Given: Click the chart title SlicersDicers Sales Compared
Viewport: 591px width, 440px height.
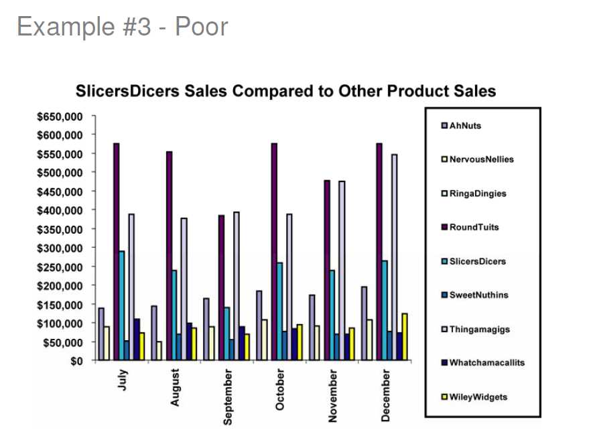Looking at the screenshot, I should click(x=285, y=91).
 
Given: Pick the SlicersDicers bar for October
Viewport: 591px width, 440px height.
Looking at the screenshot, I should click(x=279, y=311).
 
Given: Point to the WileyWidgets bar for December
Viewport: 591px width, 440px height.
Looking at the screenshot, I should click(x=405, y=337).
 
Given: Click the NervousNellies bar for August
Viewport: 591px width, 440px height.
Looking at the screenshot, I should click(x=159, y=351).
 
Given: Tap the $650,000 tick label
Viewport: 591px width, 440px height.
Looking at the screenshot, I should click(x=60, y=117).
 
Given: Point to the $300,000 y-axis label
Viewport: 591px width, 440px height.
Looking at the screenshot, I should click(x=60, y=248).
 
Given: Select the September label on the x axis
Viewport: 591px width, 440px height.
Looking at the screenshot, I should click(x=228, y=396).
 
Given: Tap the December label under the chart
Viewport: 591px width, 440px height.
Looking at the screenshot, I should click(x=385, y=395).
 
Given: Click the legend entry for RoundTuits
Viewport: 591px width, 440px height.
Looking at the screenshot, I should click(x=474, y=227).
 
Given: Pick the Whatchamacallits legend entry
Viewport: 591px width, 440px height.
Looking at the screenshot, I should click(x=486, y=363).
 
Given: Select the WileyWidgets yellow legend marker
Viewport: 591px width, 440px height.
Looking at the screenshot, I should click(x=444, y=397).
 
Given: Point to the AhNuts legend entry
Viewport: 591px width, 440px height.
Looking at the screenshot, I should click(x=465, y=125).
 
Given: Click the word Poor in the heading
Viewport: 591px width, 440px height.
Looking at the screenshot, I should click(x=202, y=27).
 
